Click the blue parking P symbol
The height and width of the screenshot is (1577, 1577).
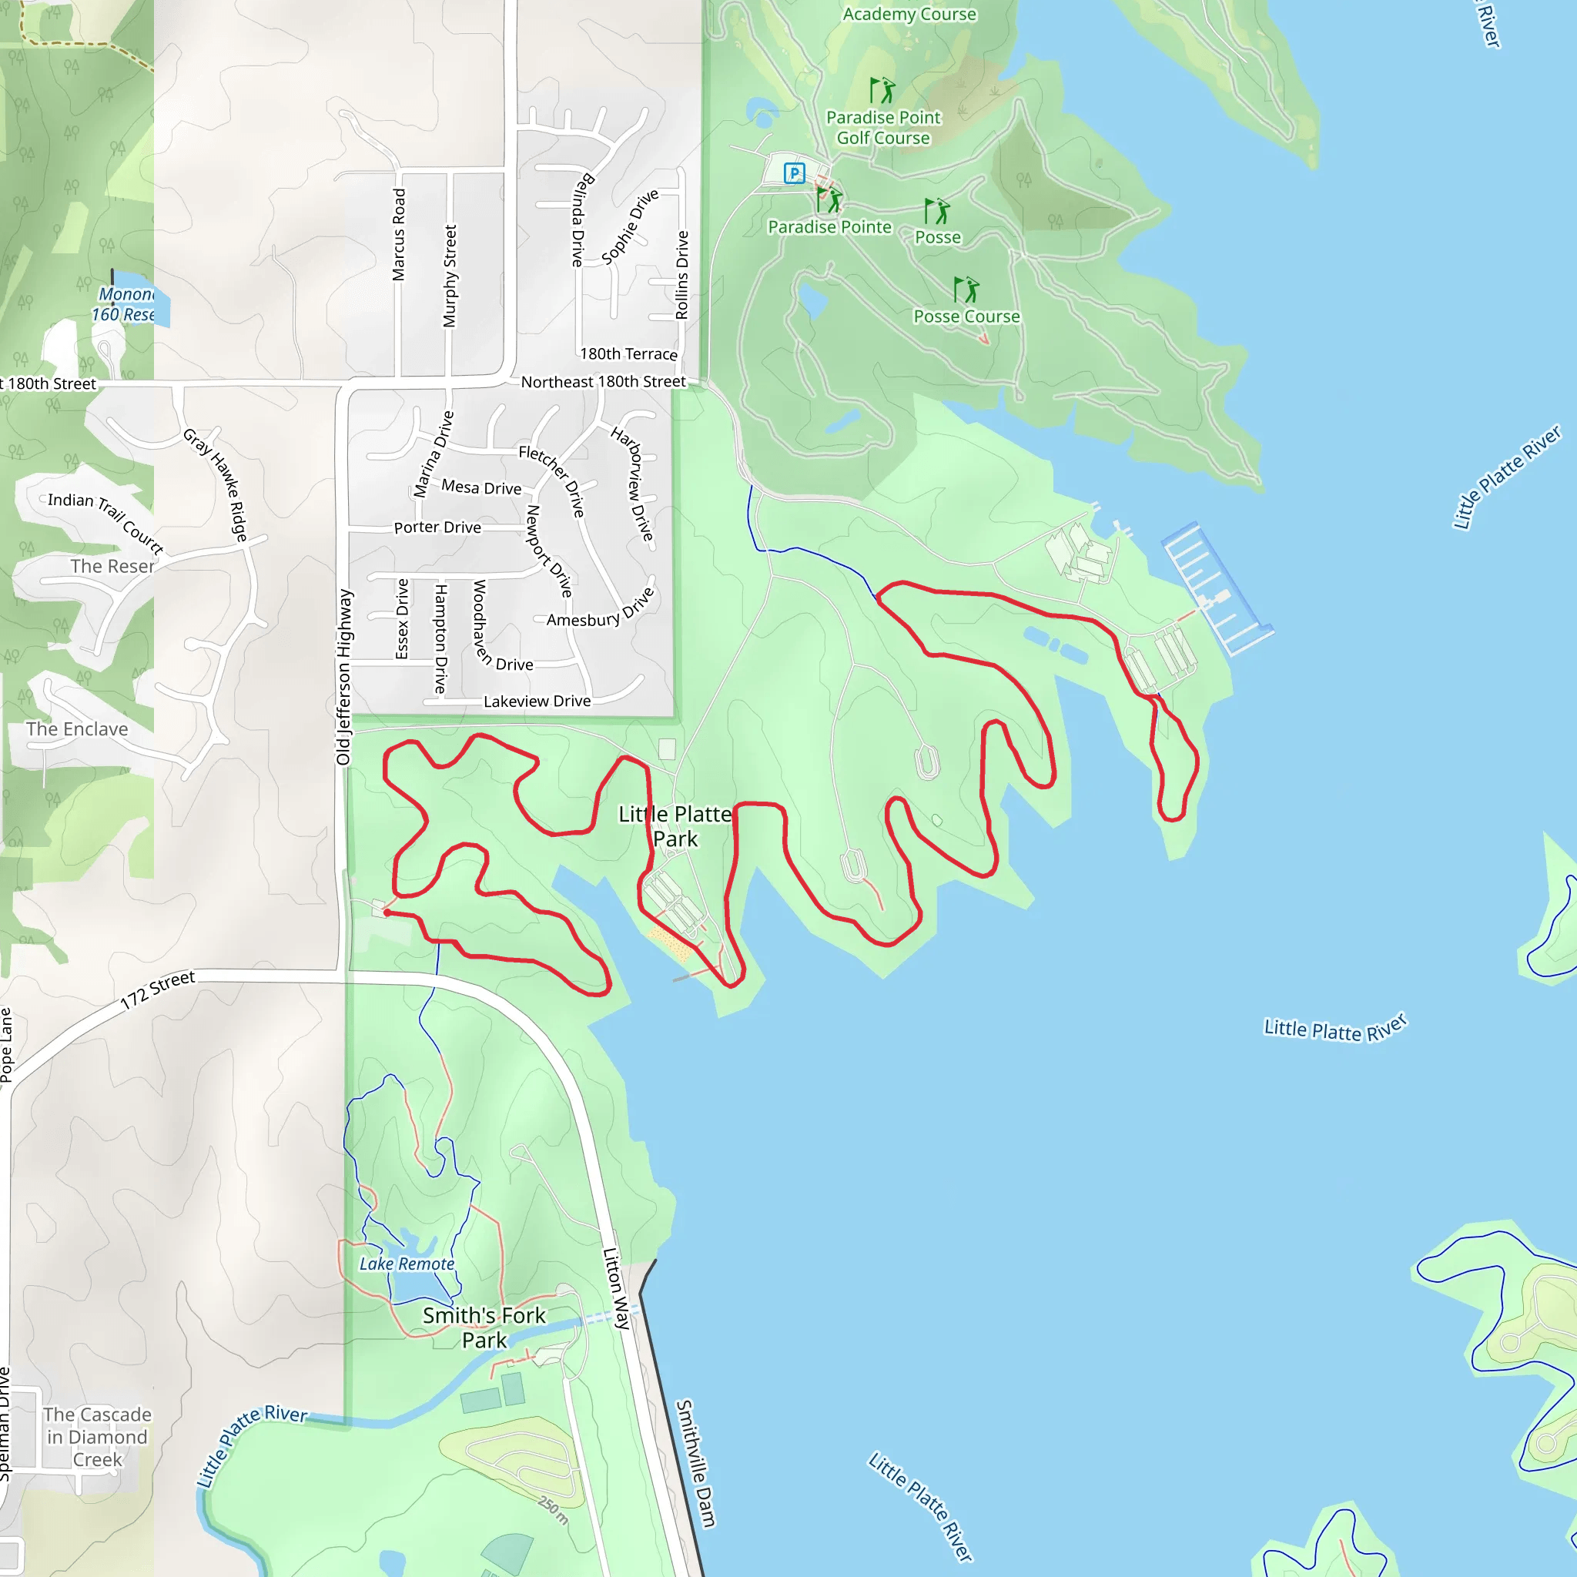click(x=793, y=173)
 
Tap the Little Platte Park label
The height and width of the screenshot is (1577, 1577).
click(x=675, y=826)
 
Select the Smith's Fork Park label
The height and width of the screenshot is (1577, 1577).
click(x=484, y=1328)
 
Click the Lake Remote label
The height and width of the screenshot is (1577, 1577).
click(x=407, y=1264)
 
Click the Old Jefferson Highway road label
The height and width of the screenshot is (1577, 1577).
click(x=343, y=678)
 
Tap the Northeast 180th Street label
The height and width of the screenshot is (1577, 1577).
click(x=603, y=381)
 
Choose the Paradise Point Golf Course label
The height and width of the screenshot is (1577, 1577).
click(x=883, y=128)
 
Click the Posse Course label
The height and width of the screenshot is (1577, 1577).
click(x=966, y=316)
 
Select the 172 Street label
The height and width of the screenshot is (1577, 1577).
click(x=158, y=989)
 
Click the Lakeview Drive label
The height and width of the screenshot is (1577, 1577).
click(x=537, y=701)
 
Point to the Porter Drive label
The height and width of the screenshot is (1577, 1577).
click(x=437, y=527)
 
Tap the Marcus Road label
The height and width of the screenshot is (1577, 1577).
click(x=398, y=235)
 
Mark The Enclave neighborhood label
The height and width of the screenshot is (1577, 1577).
click(x=77, y=729)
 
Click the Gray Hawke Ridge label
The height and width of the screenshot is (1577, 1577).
click(x=216, y=484)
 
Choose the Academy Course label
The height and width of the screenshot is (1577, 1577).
click(x=909, y=14)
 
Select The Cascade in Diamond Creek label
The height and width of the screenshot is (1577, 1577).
click(x=97, y=1437)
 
